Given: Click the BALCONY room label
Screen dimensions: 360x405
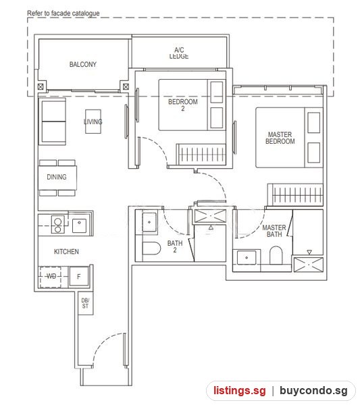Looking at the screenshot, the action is (82, 64).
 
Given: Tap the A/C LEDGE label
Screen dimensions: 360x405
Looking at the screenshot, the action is (179, 53).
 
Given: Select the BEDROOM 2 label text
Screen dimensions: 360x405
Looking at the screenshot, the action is (183, 105).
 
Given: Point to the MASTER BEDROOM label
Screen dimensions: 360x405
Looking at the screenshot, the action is (280, 138).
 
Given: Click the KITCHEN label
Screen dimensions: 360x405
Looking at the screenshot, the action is (66, 252).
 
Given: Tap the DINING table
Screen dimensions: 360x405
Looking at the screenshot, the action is (57, 178).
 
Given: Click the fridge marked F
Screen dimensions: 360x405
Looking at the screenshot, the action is (78, 277).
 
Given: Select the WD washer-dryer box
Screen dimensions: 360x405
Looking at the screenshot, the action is (50, 277).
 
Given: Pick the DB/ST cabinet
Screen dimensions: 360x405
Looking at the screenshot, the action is (86, 303).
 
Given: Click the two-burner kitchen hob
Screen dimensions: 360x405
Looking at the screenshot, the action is (58, 224).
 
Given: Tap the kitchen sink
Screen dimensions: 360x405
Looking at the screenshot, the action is (79, 225).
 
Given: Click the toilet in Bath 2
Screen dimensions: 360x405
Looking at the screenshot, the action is (151, 248).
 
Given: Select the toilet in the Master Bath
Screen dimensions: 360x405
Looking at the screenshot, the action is (276, 255).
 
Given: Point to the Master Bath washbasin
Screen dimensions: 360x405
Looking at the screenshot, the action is (246, 258).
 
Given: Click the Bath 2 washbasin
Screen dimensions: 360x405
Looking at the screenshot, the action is (149, 222).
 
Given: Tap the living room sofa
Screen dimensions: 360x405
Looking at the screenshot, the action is (52, 122).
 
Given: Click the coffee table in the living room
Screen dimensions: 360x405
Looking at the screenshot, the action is (93, 122).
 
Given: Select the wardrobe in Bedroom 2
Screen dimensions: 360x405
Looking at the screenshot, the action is (201, 154).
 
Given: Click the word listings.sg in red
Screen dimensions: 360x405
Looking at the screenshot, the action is (239, 391).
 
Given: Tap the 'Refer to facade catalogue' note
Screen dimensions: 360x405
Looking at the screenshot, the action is (63, 13).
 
